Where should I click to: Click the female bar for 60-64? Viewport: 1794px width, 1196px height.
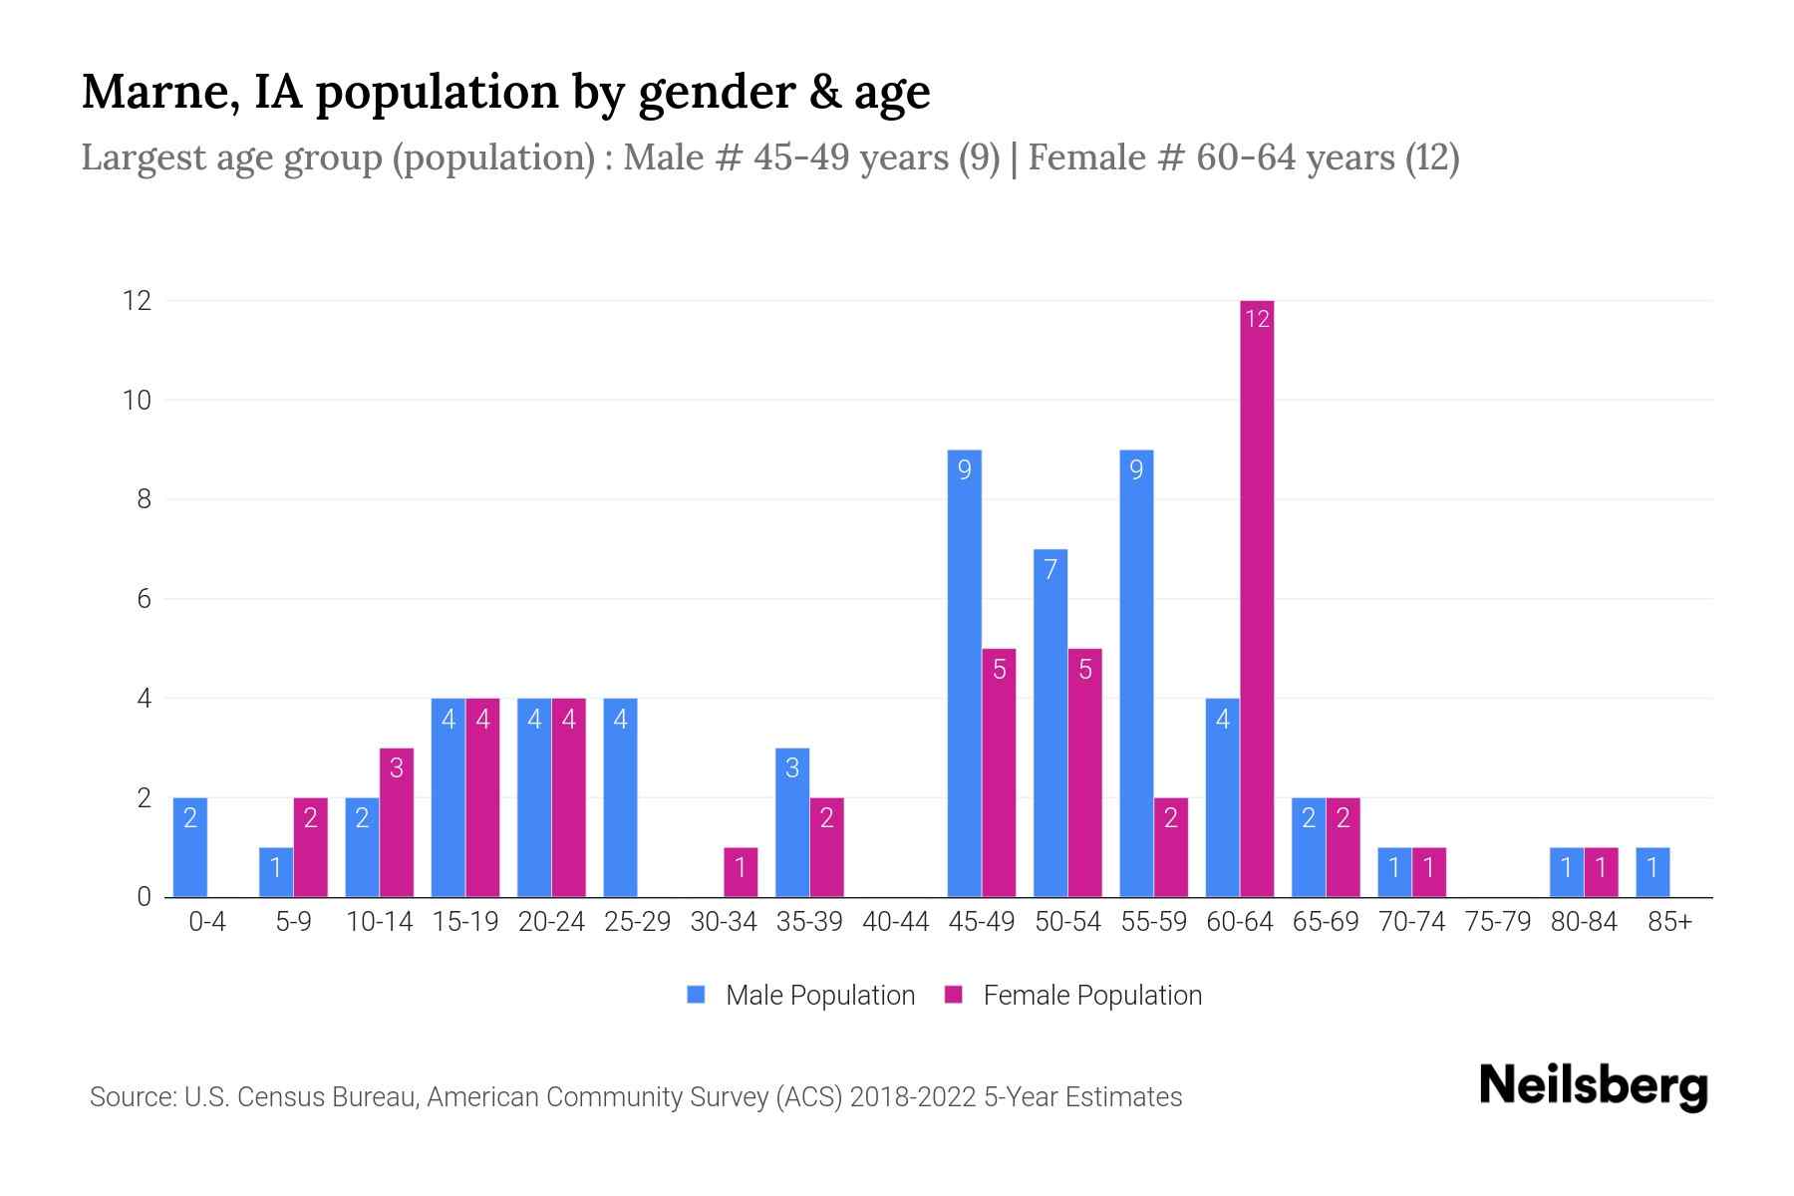pos(1257,598)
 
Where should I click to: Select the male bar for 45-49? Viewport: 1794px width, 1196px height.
pos(964,674)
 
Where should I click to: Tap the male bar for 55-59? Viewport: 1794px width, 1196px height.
pos(1136,674)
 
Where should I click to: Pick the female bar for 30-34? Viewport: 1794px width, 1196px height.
pos(741,872)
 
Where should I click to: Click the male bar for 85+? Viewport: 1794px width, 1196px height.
pos(1652,872)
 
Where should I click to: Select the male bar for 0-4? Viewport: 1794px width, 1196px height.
pos(190,847)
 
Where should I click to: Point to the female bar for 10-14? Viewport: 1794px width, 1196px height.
pos(397,822)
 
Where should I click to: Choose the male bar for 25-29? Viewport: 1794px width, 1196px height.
pos(620,797)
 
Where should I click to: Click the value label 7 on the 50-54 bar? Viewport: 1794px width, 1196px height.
pos(1050,569)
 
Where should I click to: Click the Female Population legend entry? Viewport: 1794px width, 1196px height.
pos(1073,995)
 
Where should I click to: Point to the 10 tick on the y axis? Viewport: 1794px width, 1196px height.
pos(137,401)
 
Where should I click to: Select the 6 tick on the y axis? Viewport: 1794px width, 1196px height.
pos(144,599)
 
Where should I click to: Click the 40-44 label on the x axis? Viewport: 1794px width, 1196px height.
pos(895,922)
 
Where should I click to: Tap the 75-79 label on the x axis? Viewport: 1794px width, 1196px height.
pos(1497,922)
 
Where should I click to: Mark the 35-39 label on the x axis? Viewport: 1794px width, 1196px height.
pos(809,922)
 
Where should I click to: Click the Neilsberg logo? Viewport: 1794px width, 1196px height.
pos(1593,1085)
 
